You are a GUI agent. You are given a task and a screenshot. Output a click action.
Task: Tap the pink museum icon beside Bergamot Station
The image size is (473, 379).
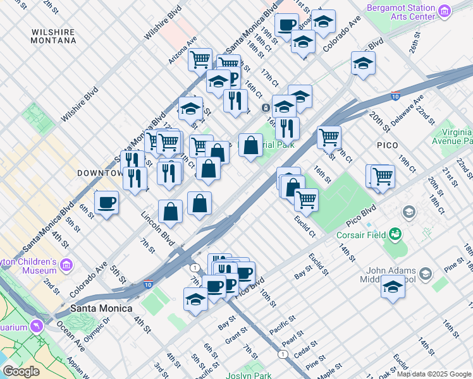[445, 11]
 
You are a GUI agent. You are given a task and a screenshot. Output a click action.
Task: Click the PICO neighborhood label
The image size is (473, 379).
[387, 145]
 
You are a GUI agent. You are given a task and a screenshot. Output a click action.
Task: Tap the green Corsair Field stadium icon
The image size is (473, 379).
[396, 235]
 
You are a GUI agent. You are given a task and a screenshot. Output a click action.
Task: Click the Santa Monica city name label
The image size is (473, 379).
[101, 308]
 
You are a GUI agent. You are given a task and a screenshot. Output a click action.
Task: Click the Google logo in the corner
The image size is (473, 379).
[20, 371]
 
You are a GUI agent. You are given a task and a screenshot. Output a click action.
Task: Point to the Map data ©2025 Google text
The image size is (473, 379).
[433, 374]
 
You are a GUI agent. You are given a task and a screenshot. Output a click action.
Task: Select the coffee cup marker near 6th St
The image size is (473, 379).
[106, 203]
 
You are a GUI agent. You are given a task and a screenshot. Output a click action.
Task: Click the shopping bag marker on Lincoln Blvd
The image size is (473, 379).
[170, 212]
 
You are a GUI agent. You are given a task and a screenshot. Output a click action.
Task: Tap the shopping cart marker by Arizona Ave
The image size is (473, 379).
[200, 59]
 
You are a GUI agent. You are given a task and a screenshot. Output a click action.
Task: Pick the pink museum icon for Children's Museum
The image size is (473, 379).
[67, 263]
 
